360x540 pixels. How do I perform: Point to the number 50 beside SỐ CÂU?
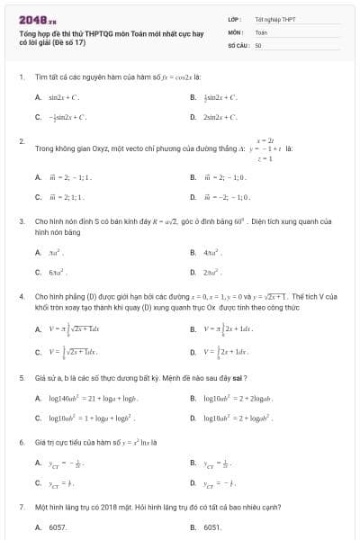point(258,44)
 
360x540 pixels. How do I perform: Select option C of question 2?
point(68,195)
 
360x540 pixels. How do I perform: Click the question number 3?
point(21,220)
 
